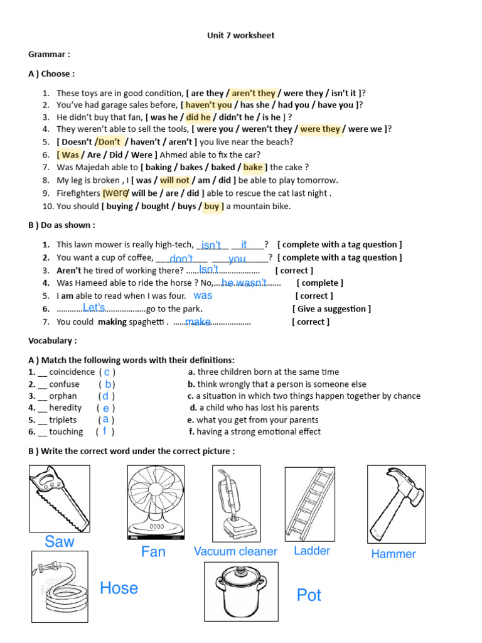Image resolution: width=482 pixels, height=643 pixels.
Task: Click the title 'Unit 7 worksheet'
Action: pos(240,36)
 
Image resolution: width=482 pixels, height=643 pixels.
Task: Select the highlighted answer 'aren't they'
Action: pos(254,93)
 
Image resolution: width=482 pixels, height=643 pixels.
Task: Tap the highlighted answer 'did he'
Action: pos(198,117)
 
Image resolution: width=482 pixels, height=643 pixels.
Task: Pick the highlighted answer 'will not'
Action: pos(174,180)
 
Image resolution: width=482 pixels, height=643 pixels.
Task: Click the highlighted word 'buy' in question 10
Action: pos(212,206)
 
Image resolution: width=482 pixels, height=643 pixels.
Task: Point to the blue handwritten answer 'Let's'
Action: pos(94,307)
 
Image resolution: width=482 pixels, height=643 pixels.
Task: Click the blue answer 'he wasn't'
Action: pos(244,283)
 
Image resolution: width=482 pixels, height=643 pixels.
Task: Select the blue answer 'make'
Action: pos(198,321)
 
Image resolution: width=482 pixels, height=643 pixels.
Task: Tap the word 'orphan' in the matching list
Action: pos(63,396)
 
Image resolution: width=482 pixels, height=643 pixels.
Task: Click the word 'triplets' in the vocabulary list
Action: pos(63,419)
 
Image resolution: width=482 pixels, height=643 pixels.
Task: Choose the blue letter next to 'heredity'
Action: pos(106,408)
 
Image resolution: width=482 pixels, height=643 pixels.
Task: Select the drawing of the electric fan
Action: pos(156,502)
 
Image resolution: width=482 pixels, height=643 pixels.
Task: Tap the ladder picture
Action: pos(310,504)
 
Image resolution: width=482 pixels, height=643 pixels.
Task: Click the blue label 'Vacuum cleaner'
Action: pos(235,551)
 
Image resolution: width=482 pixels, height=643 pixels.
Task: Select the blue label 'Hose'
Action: pos(119,588)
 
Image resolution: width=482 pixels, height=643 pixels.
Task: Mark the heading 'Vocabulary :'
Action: pos(53,340)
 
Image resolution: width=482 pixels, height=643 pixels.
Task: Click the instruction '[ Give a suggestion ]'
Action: pos(331,308)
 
